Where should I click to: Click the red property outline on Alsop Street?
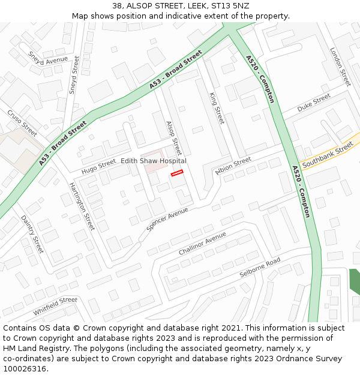click(176, 173)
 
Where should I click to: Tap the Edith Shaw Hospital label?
click(154, 161)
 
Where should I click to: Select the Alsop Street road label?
click(173, 137)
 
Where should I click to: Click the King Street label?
click(216, 108)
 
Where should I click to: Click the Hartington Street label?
click(82, 206)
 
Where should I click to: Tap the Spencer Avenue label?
click(167, 220)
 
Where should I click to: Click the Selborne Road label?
click(260, 267)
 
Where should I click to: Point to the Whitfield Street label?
click(55, 306)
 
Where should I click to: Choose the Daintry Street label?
click(32, 234)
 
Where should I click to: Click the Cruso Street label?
click(22, 122)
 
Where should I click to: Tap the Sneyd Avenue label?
click(48, 58)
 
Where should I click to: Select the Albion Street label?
click(233, 165)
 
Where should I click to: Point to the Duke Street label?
click(314, 102)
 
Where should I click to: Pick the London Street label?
click(340, 67)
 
